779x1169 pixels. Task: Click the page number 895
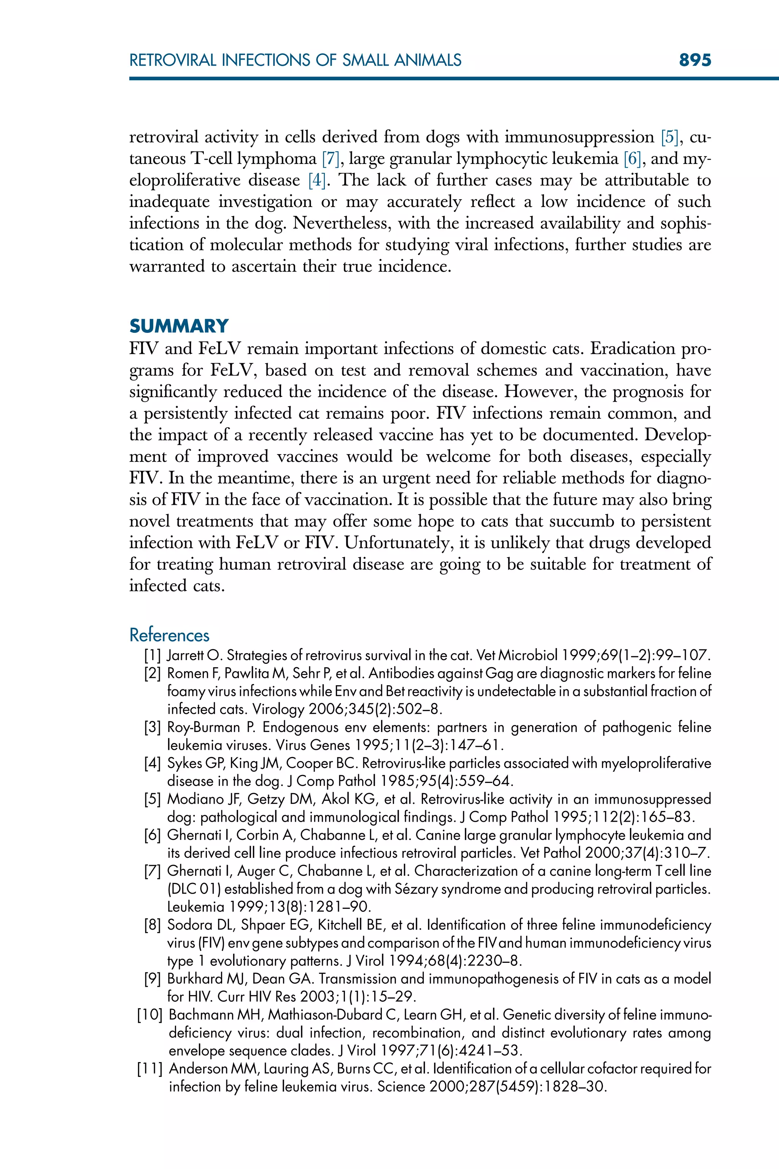click(695, 60)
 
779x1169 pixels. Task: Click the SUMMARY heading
click(179, 326)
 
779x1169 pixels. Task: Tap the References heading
click(169, 635)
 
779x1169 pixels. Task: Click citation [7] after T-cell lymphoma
click(331, 159)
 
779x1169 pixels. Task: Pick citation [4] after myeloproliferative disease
click(316, 180)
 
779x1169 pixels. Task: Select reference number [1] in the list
click(153, 655)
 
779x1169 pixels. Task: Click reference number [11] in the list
click(149, 1069)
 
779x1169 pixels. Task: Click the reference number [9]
click(153, 979)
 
